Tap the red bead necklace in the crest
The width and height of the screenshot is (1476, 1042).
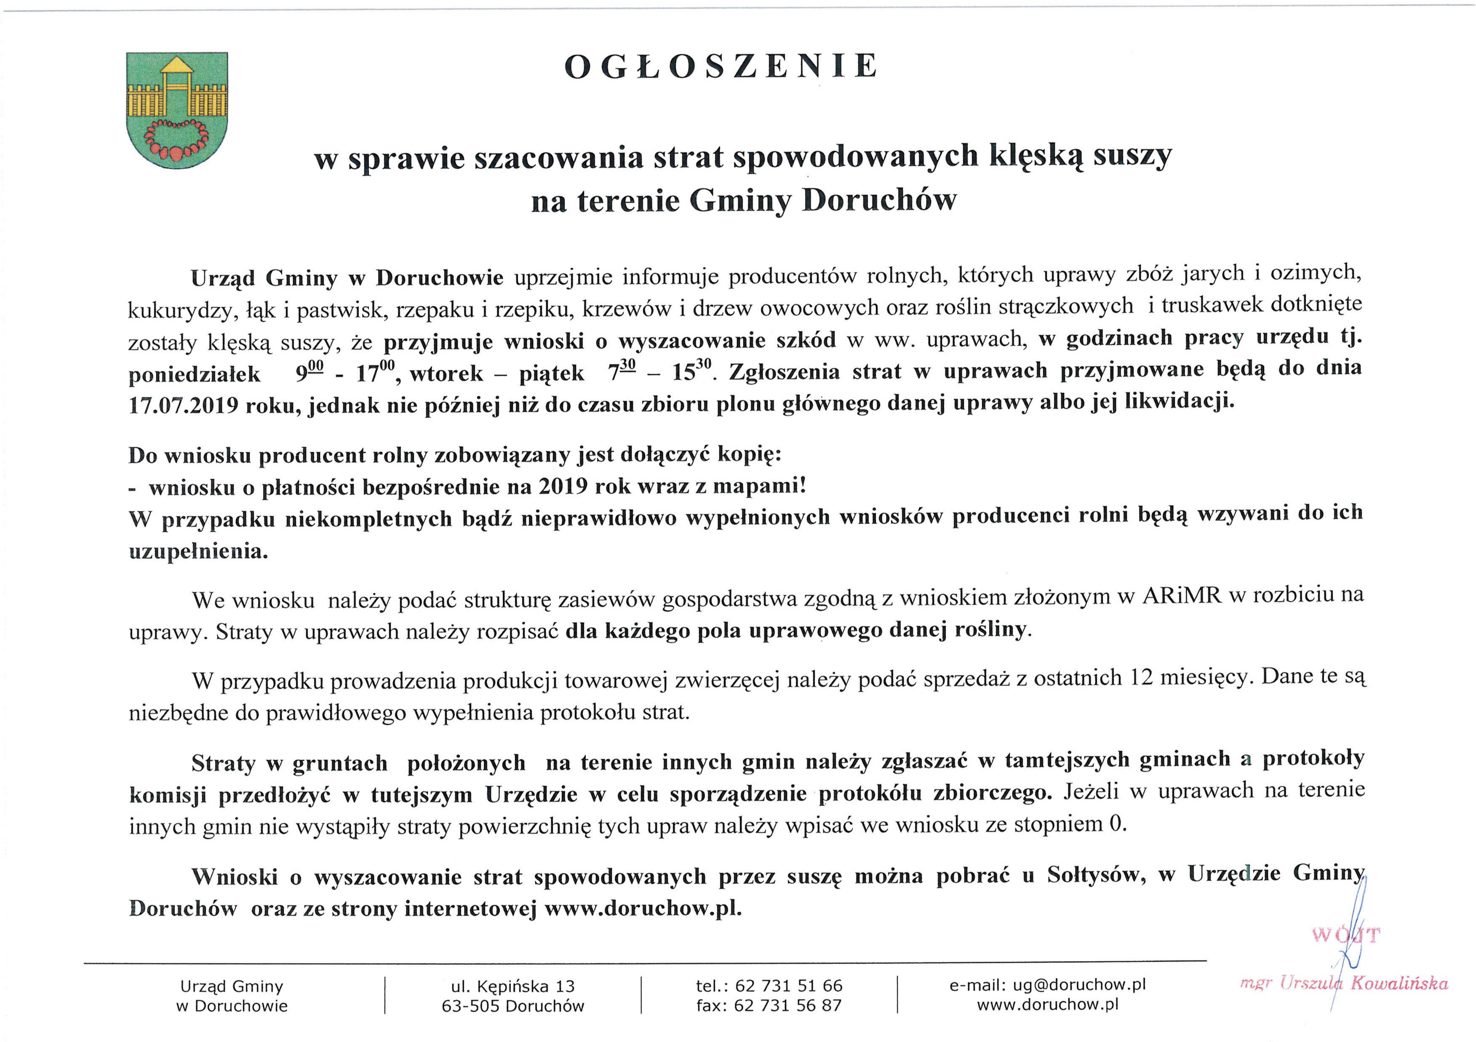coord(177,141)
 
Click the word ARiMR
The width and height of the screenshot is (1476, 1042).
coord(1180,597)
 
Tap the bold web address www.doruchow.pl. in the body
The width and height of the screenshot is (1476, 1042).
coord(643,909)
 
